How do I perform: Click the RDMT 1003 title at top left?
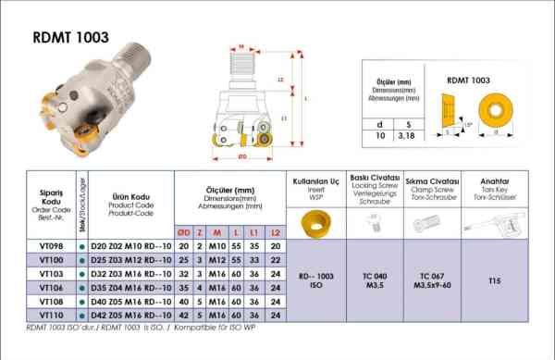click(x=71, y=37)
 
